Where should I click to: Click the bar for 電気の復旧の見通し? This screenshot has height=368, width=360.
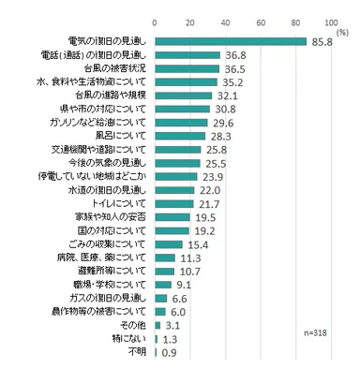coord(231,41)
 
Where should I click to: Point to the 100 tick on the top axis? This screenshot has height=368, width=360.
coord(331,20)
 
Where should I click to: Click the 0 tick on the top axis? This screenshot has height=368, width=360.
coord(155,20)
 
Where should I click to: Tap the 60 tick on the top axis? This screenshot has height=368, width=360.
coord(261,20)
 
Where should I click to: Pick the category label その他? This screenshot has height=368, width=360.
coord(134,325)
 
